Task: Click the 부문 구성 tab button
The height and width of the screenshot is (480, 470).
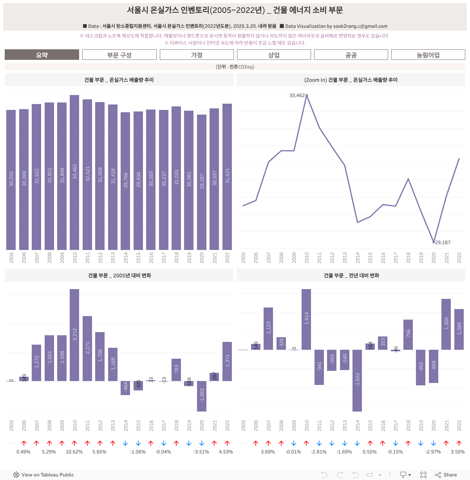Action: [x=119, y=55]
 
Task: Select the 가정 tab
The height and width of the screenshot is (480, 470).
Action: [x=197, y=55]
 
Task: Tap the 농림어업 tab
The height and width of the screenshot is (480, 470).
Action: [x=428, y=55]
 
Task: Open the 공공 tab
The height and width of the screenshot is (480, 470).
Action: [x=351, y=55]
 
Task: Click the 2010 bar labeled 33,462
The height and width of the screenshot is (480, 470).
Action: [x=74, y=172]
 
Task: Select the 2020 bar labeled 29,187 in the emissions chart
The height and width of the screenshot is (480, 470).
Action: [x=202, y=182]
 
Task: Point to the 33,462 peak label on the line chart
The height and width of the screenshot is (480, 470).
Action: [x=297, y=95]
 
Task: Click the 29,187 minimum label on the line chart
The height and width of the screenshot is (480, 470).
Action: [x=443, y=243]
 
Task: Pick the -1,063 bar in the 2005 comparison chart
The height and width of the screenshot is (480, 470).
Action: [x=202, y=396]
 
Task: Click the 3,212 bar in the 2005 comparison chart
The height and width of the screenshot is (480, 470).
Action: [x=74, y=335]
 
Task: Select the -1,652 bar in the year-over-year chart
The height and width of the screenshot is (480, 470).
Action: [x=357, y=380]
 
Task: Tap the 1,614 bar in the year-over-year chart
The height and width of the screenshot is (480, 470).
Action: [x=306, y=319]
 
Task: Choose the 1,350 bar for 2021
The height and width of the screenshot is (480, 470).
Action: [x=446, y=324]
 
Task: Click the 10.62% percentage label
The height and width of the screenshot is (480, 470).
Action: [x=74, y=452]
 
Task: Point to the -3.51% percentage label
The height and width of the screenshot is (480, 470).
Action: [x=201, y=452]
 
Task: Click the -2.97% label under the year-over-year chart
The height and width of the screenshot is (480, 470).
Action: [x=433, y=452]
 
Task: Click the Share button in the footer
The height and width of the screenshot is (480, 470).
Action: [x=446, y=475]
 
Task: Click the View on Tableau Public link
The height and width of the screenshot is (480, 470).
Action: [x=43, y=475]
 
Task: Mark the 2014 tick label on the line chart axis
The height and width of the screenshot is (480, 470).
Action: [x=358, y=257]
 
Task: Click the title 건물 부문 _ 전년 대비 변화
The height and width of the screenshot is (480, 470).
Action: [x=351, y=275]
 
